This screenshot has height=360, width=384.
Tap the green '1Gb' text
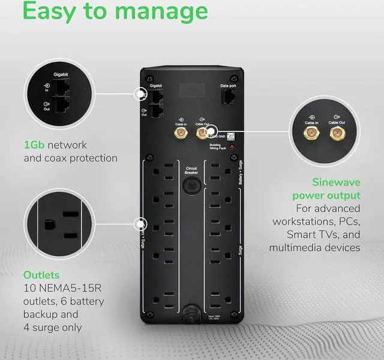[x=35, y=145]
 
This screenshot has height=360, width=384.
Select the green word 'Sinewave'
[x=335, y=182]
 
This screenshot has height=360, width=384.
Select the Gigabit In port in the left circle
[x=62, y=88]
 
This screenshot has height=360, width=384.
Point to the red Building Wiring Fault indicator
[x=232, y=147]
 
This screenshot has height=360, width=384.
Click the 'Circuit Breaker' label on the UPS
[x=191, y=170]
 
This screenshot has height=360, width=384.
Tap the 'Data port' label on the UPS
[x=228, y=86]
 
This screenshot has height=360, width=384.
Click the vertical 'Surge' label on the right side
[x=240, y=247]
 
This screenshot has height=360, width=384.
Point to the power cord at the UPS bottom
[x=191, y=312]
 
